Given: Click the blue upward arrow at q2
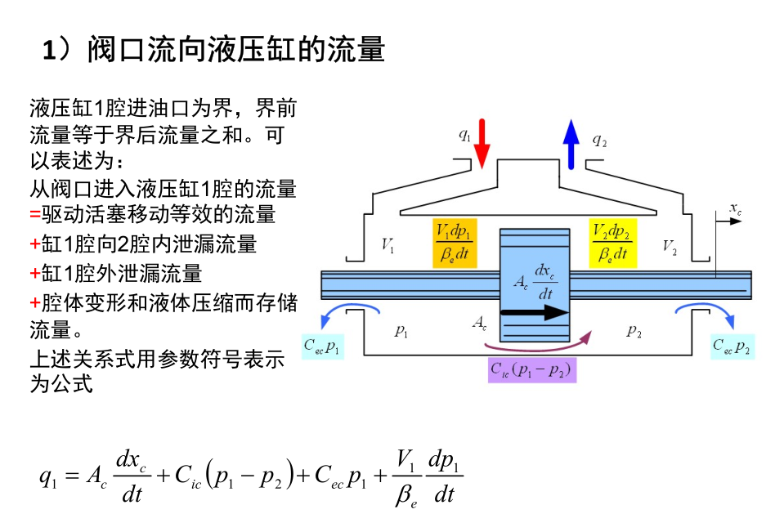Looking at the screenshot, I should [x=571, y=143].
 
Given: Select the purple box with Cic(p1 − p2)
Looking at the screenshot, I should [x=532, y=370].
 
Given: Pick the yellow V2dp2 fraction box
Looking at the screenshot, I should [x=612, y=243].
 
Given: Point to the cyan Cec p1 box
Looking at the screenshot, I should [x=323, y=346].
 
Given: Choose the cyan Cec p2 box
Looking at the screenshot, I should [x=732, y=346].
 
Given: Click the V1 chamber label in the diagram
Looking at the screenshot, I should [x=389, y=244].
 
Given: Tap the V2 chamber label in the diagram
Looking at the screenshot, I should [x=670, y=244].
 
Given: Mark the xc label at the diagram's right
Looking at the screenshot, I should [x=735, y=210].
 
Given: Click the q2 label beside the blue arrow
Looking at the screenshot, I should [x=599, y=141].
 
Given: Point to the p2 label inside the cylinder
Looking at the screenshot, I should [x=634, y=330].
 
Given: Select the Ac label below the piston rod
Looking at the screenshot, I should [x=480, y=324].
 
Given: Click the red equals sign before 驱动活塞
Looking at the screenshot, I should [x=34, y=216].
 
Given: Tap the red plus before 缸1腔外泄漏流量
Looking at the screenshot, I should [x=34, y=273].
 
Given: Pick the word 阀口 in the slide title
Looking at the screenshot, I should [x=116, y=51].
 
